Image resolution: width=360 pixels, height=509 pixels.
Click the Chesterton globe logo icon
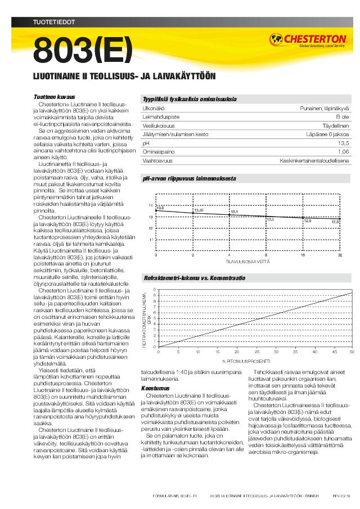[x=278, y=39]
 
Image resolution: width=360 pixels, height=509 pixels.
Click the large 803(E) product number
[x=83, y=51]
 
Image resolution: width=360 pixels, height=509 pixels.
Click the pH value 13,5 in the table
[x=343, y=143]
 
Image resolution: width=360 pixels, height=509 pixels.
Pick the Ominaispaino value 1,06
[x=343, y=152]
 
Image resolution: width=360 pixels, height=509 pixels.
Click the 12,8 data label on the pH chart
[x=335, y=222]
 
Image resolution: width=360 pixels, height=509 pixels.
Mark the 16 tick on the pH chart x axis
[x=303, y=255]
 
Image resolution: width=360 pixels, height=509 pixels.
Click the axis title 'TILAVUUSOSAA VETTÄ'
[x=247, y=262]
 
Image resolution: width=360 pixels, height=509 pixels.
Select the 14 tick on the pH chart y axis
[x=151, y=205]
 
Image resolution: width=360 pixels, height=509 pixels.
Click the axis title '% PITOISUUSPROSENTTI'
[x=246, y=361]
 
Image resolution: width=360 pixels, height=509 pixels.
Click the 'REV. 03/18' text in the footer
[x=341, y=497]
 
